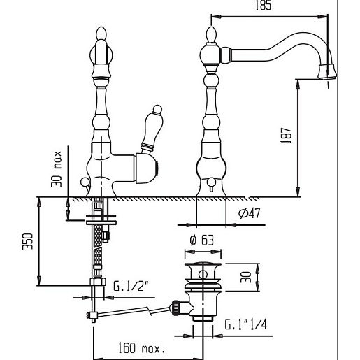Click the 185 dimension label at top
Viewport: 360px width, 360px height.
coord(264,5)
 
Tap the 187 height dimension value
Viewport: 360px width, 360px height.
coord(287,135)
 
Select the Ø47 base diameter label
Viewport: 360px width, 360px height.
coord(250,213)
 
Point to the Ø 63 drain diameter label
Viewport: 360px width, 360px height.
coord(202,240)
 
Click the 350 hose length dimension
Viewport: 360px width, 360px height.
coord(27,241)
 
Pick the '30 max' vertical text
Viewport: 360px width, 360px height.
coord(57,169)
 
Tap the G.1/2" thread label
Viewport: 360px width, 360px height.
coord(131,286)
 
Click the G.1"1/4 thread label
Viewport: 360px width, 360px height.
coord(245,324)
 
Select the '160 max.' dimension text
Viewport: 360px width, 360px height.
coord(141,348)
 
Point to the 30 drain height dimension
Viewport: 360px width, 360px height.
coord(246,278)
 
